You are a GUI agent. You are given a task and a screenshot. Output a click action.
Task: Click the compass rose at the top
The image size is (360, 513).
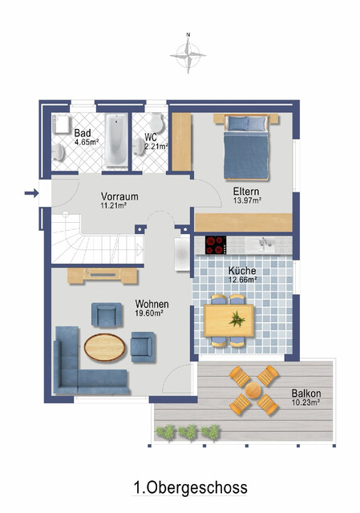tap(188, 55)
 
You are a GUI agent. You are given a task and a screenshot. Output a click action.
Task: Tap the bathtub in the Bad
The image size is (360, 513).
tap(117, 141)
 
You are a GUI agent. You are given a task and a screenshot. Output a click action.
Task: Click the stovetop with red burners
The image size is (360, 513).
tap(216, 244)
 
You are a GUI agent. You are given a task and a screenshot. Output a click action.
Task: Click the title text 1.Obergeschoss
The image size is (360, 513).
tap(190, 487)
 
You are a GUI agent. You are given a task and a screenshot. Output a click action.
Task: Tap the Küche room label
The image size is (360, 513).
tap(241, 271)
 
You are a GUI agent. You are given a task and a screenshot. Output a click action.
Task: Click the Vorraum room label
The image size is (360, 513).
tap(119, 196)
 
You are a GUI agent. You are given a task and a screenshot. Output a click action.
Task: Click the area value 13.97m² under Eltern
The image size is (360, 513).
tap(249, 200)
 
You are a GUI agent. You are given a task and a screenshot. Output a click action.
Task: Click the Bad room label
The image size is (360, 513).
tap(82, 132)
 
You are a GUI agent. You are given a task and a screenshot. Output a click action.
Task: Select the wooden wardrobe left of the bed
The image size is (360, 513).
tap(183, 142)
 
